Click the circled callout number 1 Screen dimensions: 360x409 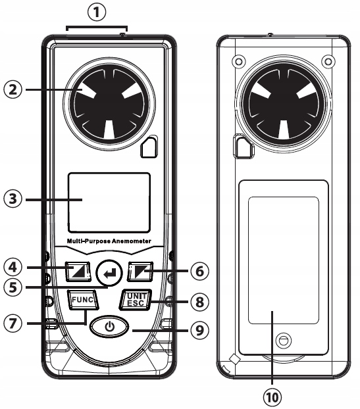point(97,12)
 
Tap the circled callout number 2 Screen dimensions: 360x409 point(13,89)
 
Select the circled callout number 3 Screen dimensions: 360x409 point(13,199)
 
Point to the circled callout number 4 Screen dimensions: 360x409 point(13,268)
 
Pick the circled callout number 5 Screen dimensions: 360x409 point(13,287)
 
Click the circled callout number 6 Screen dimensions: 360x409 point(199,272)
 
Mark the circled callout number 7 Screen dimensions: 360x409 point(13,324)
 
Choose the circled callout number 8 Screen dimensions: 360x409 point(199,302)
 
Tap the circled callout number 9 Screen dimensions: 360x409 point(199,331)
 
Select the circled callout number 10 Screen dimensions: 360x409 point(272,398)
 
